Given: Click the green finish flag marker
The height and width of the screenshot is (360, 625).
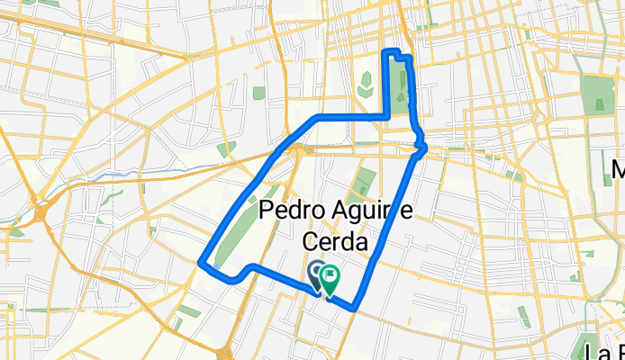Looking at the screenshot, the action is point(330,277).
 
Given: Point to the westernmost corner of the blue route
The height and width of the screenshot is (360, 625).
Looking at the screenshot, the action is point(200,263).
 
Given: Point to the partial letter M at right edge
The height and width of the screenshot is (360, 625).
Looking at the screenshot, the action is point(618,169).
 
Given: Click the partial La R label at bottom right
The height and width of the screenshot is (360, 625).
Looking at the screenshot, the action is point(602,350).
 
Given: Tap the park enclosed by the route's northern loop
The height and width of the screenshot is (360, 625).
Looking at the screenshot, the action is point(403,90).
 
